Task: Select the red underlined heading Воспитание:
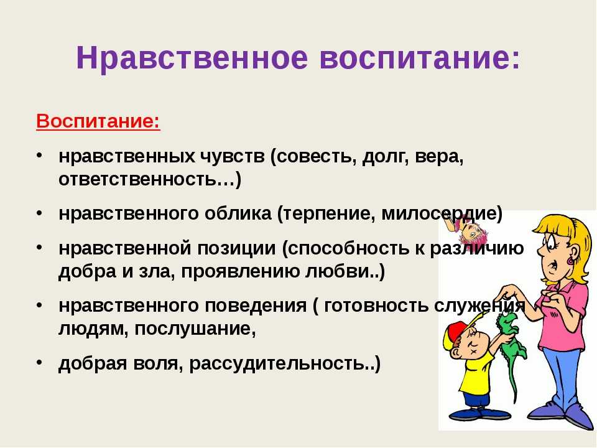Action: click(98, 121)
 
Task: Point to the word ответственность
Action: click(146, 179)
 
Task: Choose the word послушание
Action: click(195, 329)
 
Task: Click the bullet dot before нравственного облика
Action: click(40, 213)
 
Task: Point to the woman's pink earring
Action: click(571, 261)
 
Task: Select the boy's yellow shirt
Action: click(474, 371)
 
